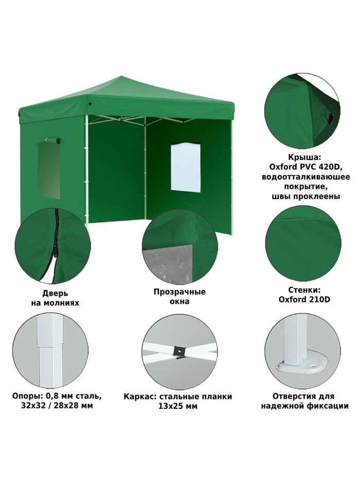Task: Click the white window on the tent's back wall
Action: (x=186, y=167)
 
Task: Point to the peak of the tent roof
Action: (x=122, y=77)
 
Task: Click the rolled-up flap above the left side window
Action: (x=47, y=140)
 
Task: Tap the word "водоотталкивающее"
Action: (x=306, y=177)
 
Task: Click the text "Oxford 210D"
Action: (x=304, y=299)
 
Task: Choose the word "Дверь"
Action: (x=55, y=293)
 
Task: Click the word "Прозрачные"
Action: (x=179, y=292)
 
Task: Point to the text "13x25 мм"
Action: (x=178, y=406)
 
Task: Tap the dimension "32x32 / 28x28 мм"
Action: (x=57, y=406)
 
